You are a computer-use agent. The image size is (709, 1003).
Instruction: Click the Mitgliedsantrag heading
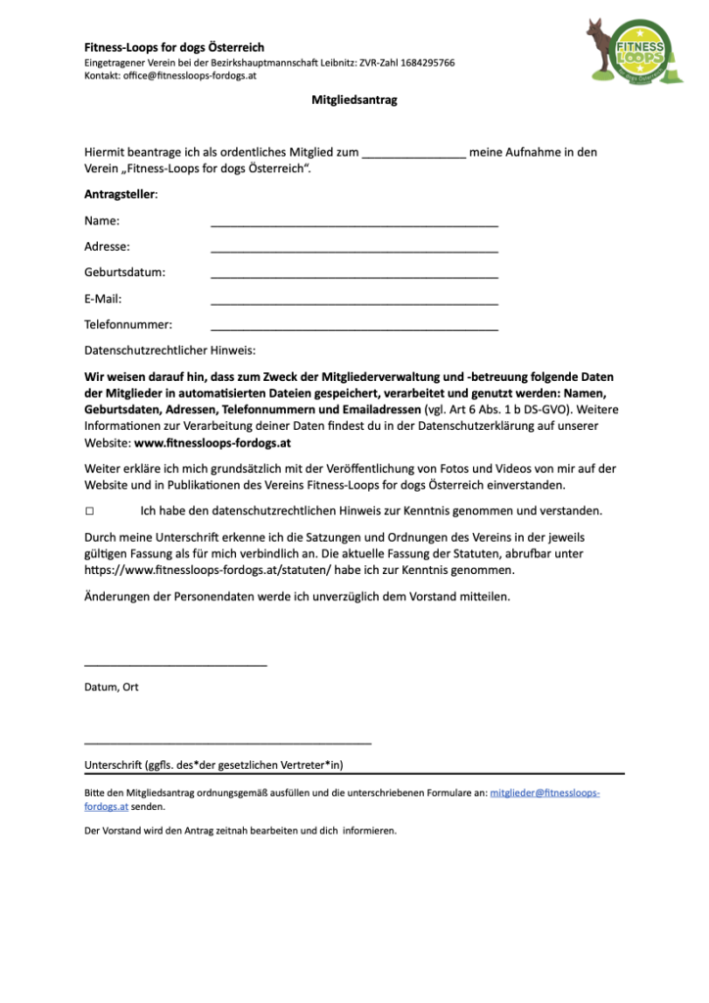[x=354, y=100]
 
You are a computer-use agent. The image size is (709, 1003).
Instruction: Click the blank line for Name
[x=354, y=226]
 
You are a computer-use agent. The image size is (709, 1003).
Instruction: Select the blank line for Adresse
[x=354, y=253]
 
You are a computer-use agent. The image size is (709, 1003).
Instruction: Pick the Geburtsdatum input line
[x=354, y=278]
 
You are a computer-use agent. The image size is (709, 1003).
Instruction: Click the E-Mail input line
[x=354, y=305]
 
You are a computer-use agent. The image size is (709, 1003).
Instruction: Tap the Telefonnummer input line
[x=354, y=330]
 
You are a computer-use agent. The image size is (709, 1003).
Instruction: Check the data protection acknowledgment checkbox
[x=90, y=511]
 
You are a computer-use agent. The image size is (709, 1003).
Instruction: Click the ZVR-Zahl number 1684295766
[x=421, y=63]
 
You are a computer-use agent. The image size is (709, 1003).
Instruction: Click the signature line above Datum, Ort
[x=175, y=666]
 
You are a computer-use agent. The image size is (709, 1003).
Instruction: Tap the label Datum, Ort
[x=112, y=688]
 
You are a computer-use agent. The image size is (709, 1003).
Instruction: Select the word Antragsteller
[x=119, y=195]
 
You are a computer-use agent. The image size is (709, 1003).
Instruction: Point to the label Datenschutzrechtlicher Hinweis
[x=170, y=350]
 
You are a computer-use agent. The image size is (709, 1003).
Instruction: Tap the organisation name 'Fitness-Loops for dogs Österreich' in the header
[x=174, y=47]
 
